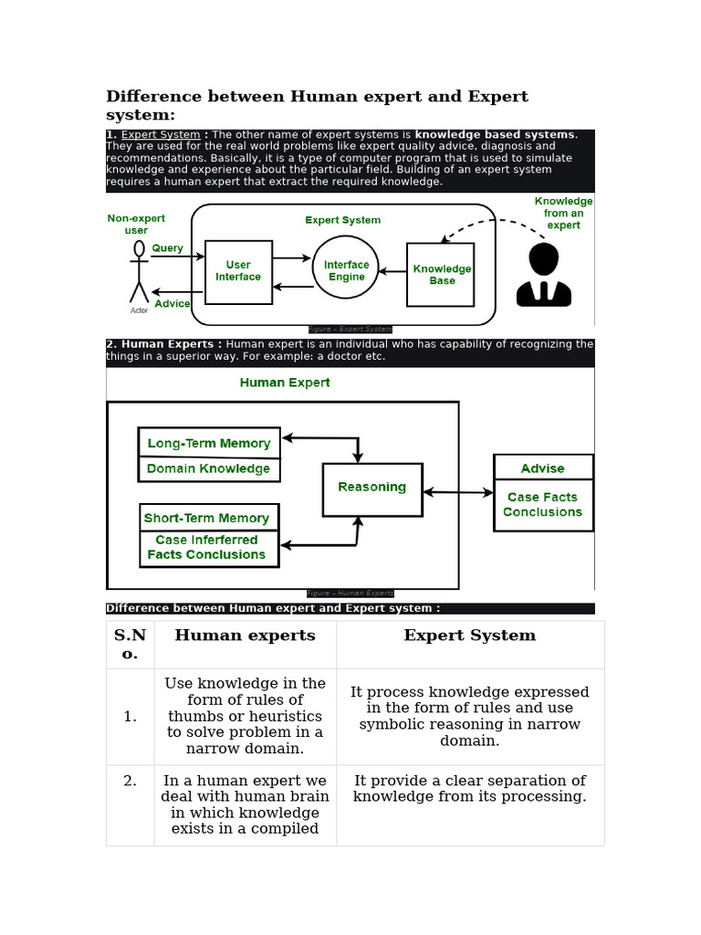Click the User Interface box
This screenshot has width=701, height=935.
pyautogui.click(x=238, y=271)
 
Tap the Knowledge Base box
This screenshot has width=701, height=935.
pyautogui.click(x=441, y=274)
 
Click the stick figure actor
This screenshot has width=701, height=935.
pyautogui.click(x=139, y=272)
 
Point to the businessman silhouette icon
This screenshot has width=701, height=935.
pyautogui.click(x=543, y=275)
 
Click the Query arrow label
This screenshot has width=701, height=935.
pyautogui.click(x=167, y=247)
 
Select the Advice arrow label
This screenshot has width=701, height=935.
pyautogui.click(x=172, y=303)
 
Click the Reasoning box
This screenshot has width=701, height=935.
pyautogui.click(x=371, y=489)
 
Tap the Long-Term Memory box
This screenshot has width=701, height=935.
pyautogui.click(x=209, y=443)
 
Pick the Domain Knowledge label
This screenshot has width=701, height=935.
pyautogui.click(x=208, y=468)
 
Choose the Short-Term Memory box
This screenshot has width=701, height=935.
pyautogui.click(x=207, y=518)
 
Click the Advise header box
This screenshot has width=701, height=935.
pyautogui.click(x=542, y=467)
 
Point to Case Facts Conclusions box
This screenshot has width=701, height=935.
pyautogui.click(x=543, y=505)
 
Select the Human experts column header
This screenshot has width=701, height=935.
pyautogui.click(x=245, y=636)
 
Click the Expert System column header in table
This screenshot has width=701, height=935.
pyautogui.click(x=469, y=636)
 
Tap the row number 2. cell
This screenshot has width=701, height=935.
pyautogui.click(x=130, y=781)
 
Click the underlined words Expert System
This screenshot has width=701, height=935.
pyautogui.click(x=161, y=135)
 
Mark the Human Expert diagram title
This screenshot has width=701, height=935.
pyautogui.click(x=285, y=383)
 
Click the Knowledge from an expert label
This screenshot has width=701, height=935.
pyautogui.click(x=563, y=213)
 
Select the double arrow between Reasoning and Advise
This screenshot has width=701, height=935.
pyautogui.click(x=457, y=492)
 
